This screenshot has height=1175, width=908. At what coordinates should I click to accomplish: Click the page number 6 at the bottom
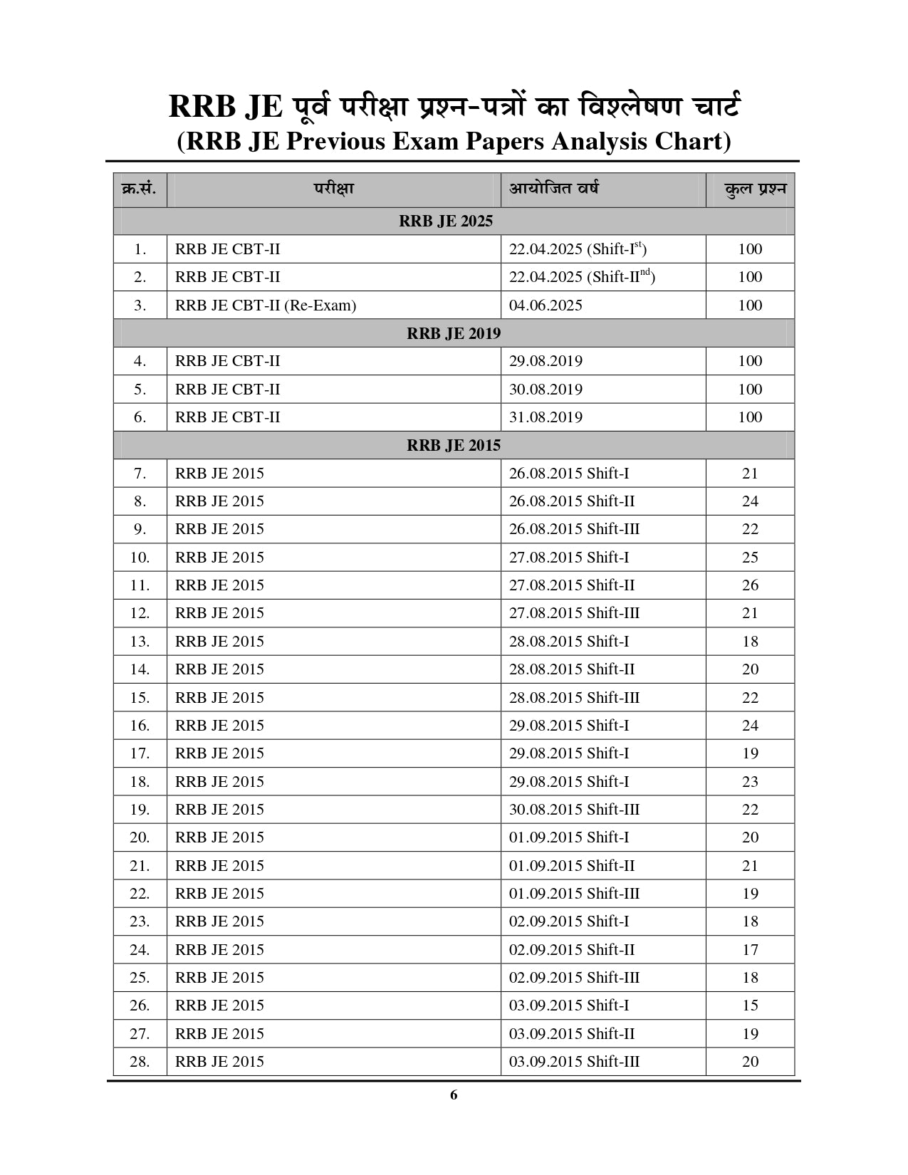[454, 1095]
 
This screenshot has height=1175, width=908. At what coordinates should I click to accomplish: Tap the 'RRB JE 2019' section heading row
[454, 333]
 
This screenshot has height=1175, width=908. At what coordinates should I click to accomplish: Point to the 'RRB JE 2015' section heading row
[454, 446]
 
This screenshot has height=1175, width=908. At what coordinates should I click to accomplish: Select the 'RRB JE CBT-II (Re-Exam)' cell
[266, 305]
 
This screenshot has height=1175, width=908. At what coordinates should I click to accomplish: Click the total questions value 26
[750, 585]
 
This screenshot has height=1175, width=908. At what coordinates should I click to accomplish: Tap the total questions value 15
[750, 1006]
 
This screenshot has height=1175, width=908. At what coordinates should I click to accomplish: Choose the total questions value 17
[750, 950]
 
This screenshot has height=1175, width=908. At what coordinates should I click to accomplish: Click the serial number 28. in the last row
[140, 1062]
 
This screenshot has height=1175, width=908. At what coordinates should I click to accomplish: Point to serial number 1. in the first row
[140, 249]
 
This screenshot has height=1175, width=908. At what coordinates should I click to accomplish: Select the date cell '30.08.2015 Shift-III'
[574, 810]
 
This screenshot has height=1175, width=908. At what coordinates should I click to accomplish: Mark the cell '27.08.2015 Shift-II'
[572, 585]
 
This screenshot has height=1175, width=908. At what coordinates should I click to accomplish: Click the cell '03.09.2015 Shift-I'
[569, 1006]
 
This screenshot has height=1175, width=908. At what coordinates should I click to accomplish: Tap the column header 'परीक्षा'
[333, 189]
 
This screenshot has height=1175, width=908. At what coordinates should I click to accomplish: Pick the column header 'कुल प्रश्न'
[755, 190]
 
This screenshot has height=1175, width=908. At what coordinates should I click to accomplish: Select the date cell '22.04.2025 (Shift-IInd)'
[582, 277]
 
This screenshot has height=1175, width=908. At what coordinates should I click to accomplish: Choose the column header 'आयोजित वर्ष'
[553, 189]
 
